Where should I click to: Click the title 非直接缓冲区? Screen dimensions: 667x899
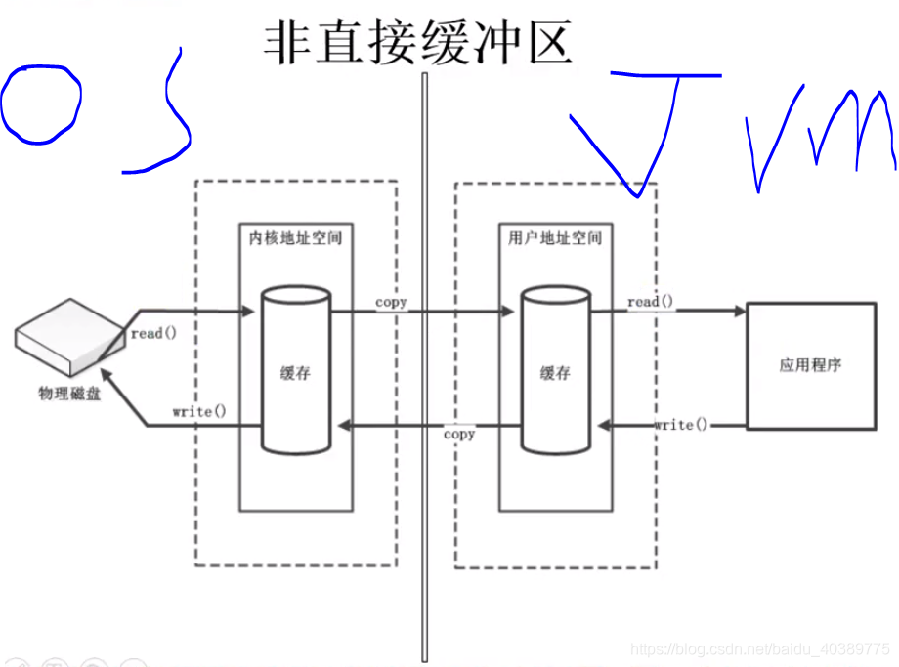[x=417, y=43]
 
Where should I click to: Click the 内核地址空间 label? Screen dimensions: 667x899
[x=296, y=237]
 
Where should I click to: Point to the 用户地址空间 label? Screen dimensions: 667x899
[x=555, y=237]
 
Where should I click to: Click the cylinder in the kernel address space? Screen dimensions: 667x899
[x=295, y=370]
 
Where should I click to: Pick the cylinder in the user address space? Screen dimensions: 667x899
[x=554, y=370]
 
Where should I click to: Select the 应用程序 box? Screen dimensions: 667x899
[x=810, y=365]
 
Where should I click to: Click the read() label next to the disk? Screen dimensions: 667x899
[x=153, y=333]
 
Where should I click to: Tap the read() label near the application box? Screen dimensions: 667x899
[x=650, y=302]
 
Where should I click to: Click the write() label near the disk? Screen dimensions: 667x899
[x=198, y=411]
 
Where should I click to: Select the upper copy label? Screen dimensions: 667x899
[x=391, y=302]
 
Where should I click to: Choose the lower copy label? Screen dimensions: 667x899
[x=459, y=434]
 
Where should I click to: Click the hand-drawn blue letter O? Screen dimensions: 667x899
[x=40, y=104]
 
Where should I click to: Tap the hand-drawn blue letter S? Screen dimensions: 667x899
[x=161, y=112]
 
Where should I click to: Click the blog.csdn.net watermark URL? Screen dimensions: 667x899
[x=760, y=649]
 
